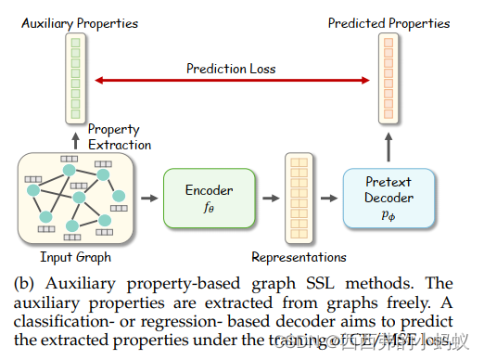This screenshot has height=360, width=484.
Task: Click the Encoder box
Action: click(x=210, y=198)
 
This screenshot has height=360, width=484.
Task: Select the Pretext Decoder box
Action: click(x=388, y=199)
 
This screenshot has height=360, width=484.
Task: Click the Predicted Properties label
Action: click(x=388, y=23)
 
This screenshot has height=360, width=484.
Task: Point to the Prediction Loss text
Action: click(x=231, y=68)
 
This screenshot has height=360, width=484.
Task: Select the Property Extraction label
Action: click(x=120, y=137)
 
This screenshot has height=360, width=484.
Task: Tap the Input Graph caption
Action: click(x=76, y=255)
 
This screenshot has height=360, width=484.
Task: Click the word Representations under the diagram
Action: click(x=299, y=257)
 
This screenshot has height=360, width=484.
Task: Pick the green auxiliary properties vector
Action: click(x=74, y=79)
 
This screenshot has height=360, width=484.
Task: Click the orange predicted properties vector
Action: click(x=388, y=79)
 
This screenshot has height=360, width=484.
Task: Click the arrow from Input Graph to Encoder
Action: click(x=147, y=198)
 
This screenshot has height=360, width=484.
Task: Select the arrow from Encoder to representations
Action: click(x=269, y=198)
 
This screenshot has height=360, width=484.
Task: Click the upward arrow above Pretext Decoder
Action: click(x=388, y=146)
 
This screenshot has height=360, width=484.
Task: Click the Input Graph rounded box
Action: click(x=76, y=198)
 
